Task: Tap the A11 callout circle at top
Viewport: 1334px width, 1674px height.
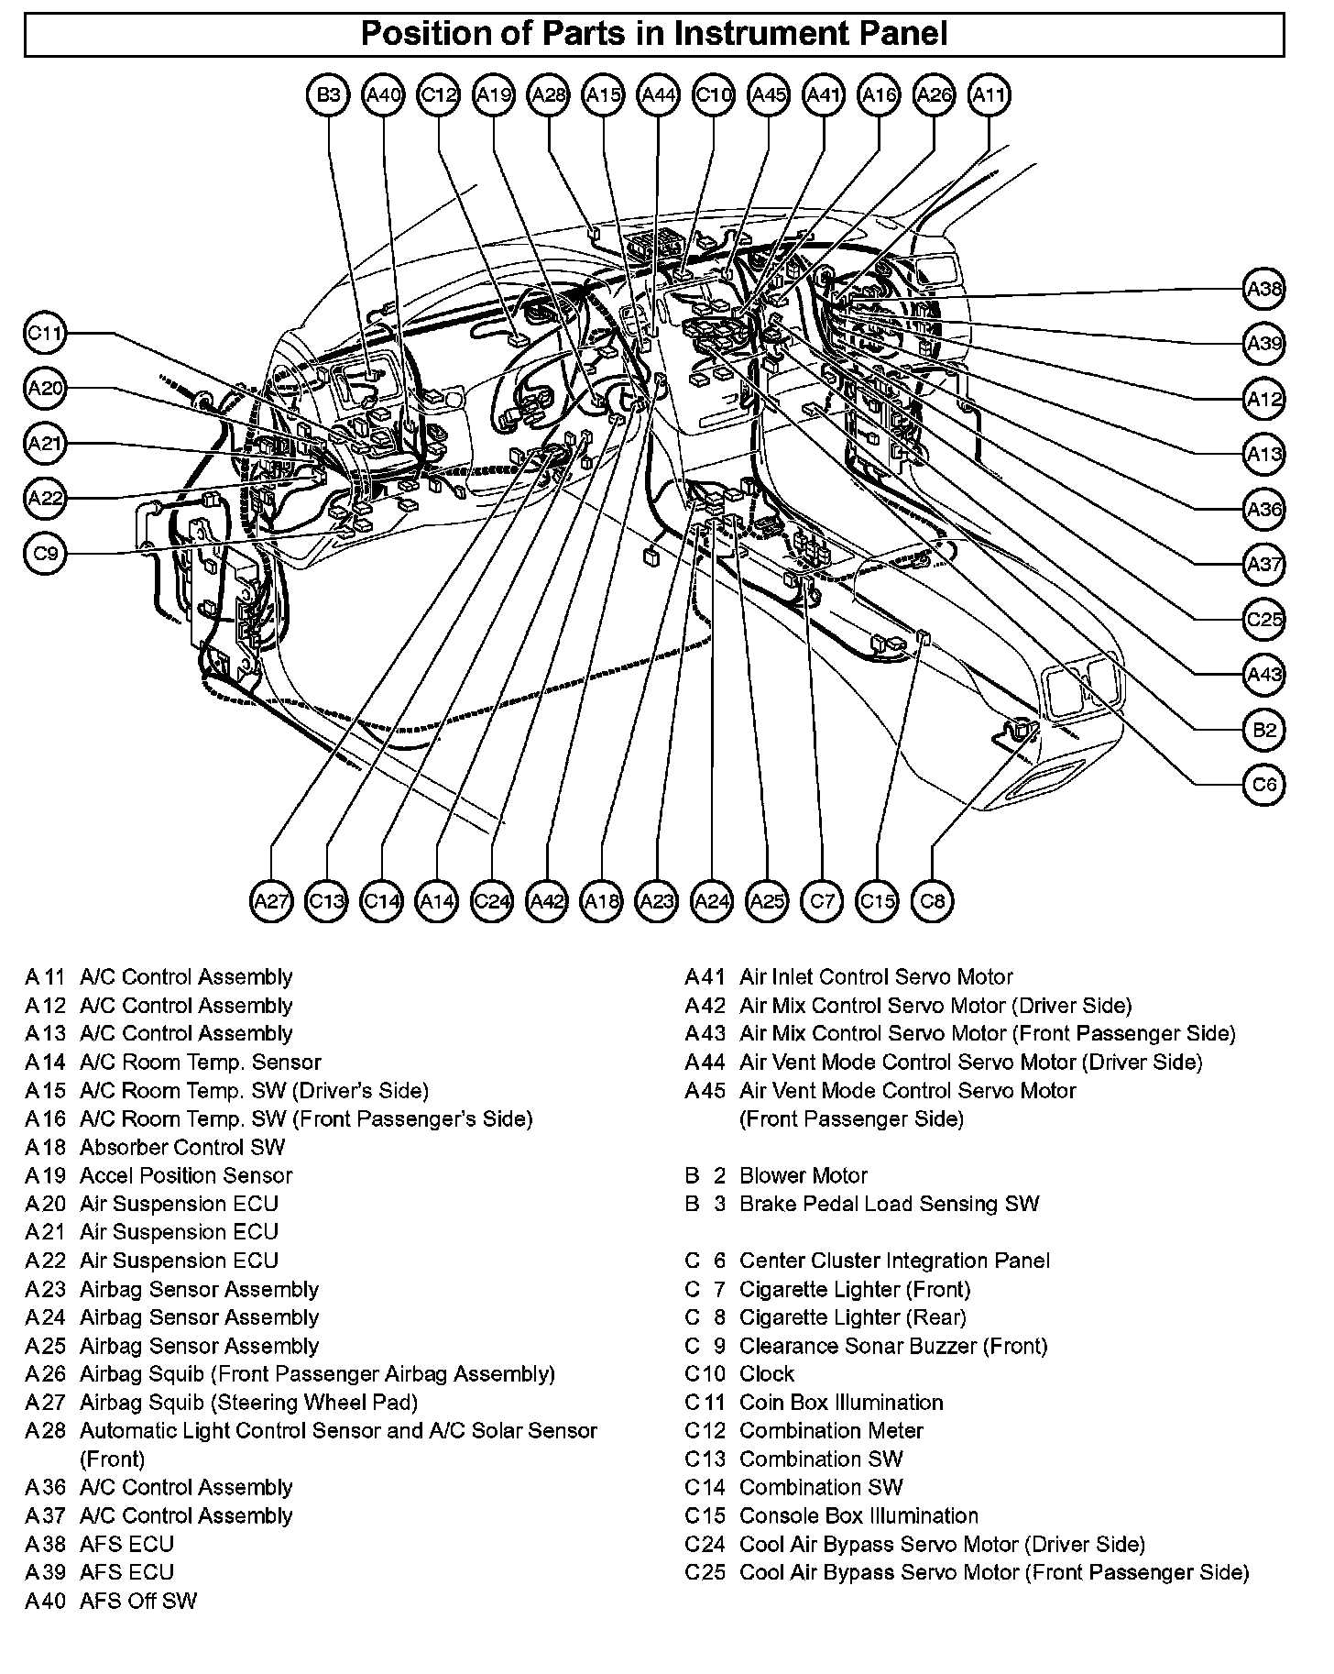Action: (x=990, y=94)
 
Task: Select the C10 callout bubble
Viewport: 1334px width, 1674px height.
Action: (x=714, y=94)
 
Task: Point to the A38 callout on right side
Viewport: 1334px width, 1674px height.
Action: (x=1264, y=290)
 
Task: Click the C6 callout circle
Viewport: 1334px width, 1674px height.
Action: (x=1264, y=785)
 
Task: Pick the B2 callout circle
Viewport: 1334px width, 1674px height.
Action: (x=1264, y=730)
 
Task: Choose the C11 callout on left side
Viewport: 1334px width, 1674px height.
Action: (x=45, y=334)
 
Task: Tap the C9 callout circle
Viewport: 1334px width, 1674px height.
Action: (x=45, y=554)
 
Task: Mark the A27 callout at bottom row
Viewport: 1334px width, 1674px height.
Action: (x=271, y=901)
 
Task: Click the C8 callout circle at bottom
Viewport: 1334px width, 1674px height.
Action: (x=933, y=901)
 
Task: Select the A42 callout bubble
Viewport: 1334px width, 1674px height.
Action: (x=547, y=901)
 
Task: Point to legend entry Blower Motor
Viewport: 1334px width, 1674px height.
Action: (x=803, y=1176)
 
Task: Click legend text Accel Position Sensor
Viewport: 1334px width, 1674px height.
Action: (x=186, y=1176)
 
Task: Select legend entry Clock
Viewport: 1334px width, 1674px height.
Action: (x=767, y=1374)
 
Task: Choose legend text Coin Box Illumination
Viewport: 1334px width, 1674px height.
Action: (x=840, y=1403)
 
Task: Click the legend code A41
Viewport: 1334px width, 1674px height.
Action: (x=705, y=977)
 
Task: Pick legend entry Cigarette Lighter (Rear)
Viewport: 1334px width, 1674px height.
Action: (x=852, y=1317)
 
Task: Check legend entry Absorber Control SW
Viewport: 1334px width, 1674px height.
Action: (x=182, y=1148)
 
